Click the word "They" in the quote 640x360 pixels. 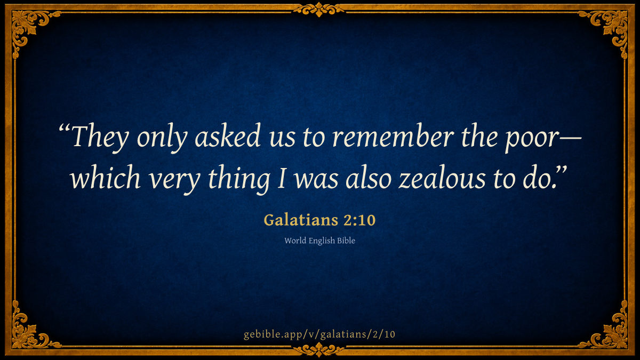pyautogui.click(x=100, y=137)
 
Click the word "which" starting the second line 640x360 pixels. pyautogui.click(x=106, y=177)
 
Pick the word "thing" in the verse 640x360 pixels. pyautogui.click(x=239, y=179)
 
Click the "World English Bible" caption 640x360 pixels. pyautogui.click(x=319, y=241)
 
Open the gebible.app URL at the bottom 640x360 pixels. pyautogui.click(x=319, y=334)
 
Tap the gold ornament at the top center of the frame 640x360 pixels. pyautogui.click(x=319, y=10)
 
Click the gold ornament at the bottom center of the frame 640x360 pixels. pyautogui.click(x=319, y=349)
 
